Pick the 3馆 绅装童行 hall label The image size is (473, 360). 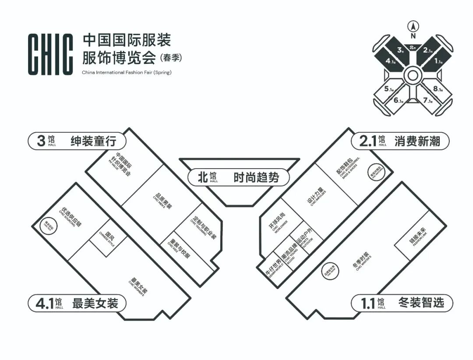[77, 141]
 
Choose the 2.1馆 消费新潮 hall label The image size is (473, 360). [400, 141]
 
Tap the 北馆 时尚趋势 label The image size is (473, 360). [239, 177]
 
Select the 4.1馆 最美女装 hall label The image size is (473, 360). [77, 303]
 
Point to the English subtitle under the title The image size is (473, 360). [127, 72]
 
